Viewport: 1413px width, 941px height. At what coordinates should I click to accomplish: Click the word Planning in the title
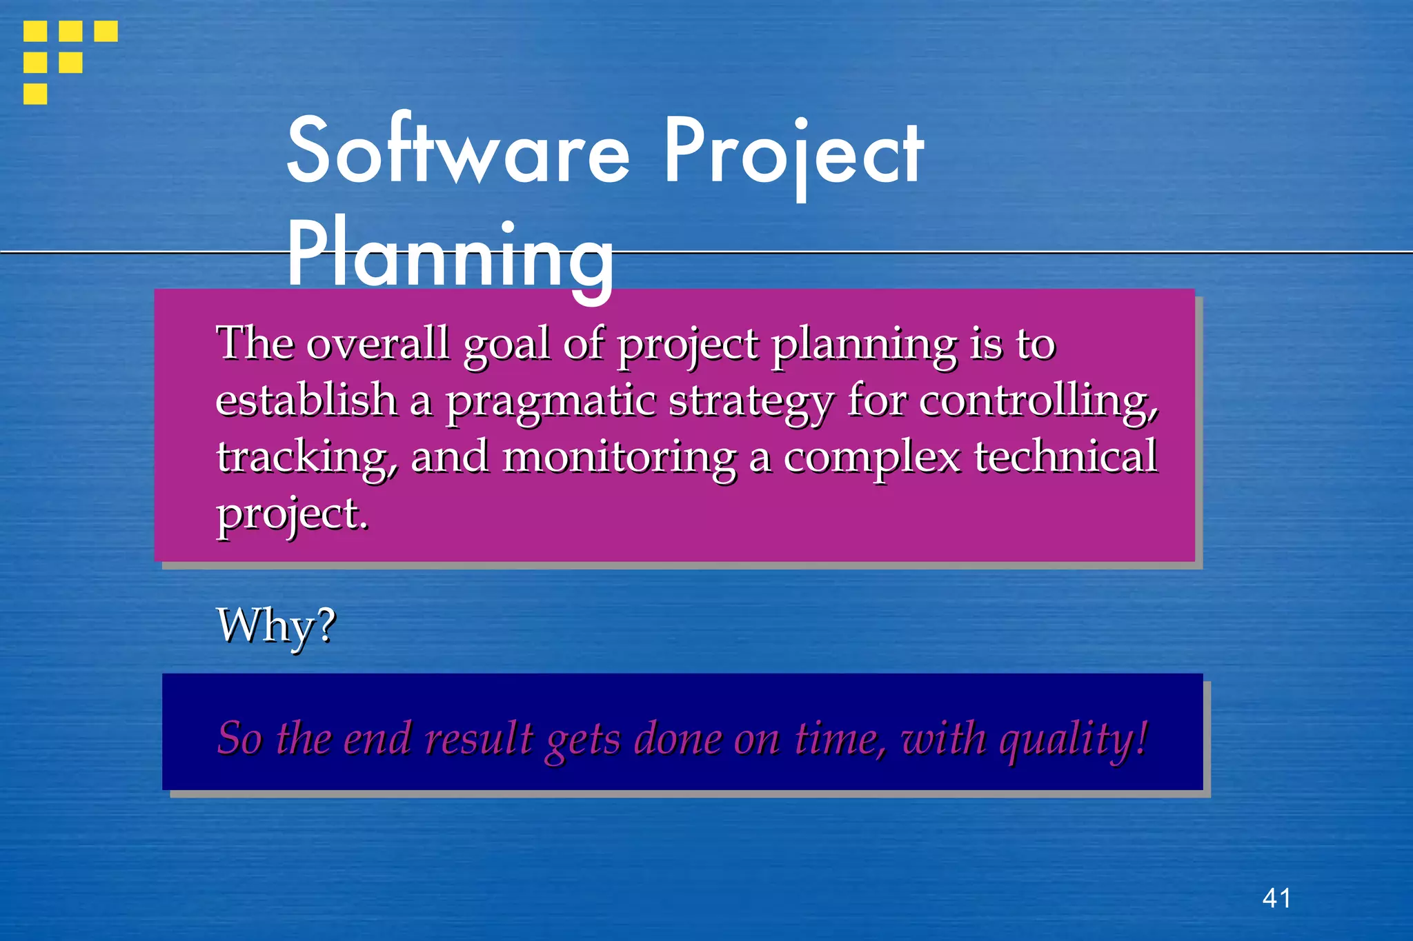450,256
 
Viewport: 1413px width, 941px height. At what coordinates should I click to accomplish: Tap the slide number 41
1276,898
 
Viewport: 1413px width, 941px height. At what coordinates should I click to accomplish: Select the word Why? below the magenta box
276,625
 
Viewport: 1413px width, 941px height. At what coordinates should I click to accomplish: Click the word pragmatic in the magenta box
550,401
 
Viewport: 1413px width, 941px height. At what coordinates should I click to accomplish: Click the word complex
871,458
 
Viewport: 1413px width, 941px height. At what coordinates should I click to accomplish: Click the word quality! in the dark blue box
1074,739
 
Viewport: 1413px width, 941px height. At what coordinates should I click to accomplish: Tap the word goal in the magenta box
506,344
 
